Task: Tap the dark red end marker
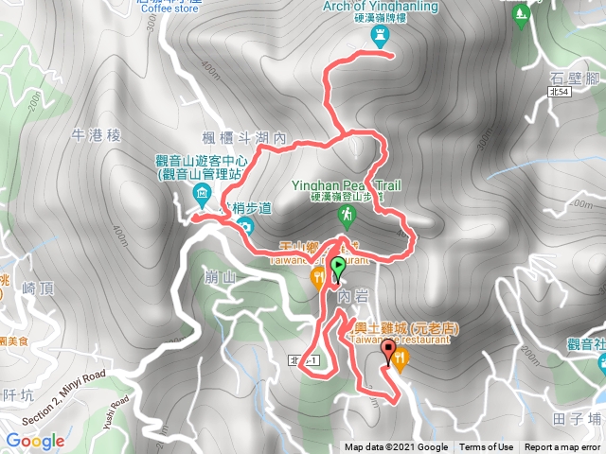[x=387, y=352]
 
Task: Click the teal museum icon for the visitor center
[x=201, y=195]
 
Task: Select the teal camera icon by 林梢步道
[x=244, y=226]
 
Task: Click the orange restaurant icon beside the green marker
[x=318, y=277]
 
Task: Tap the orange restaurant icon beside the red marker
[x=401, y=358]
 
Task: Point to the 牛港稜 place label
[x=97, y=135]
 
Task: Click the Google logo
[x=35, y=441]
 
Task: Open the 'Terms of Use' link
[x=487, y=447]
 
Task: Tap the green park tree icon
[x=521, y=16]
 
